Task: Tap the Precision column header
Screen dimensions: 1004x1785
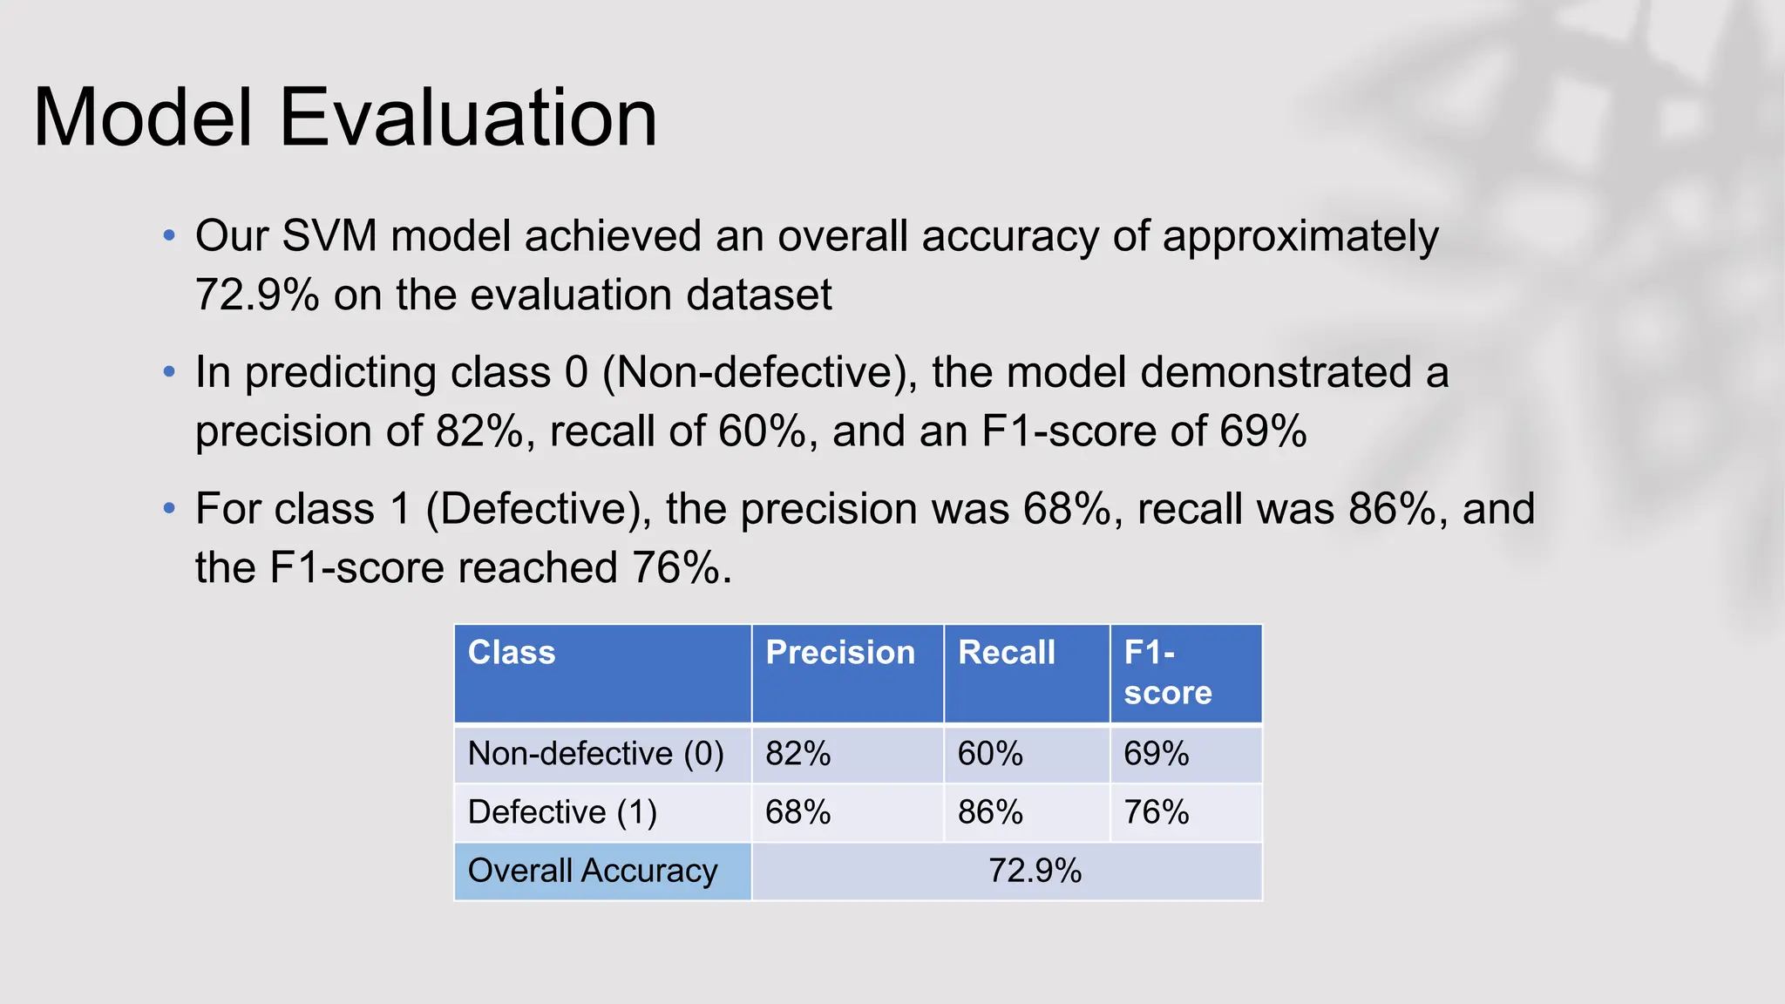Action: coord(840,653)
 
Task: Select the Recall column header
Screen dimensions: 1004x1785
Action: coord(1007,653)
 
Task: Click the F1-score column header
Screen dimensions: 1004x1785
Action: coord(1167,672)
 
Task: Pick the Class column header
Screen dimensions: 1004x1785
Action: coord(512,653)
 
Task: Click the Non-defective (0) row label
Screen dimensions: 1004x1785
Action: coord(596,754)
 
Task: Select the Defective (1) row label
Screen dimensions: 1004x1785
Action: coord(562,812)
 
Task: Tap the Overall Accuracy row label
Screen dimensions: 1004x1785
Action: coord(593,871)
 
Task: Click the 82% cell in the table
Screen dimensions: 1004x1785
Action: coord(797,754)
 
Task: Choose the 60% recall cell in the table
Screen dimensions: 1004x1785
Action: coord(990,754)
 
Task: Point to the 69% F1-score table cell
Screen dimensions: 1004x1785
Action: coord(1156,754)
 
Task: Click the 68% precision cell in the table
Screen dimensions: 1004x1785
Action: coord(797,812)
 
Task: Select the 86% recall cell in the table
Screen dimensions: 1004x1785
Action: coord(990,812)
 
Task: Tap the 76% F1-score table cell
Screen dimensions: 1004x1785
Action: coord(1156,812)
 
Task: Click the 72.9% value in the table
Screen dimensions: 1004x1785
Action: coord(1035,871)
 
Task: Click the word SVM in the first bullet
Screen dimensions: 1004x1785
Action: coord(329,236)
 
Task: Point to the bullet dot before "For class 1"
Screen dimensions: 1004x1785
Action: coord(169,507)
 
